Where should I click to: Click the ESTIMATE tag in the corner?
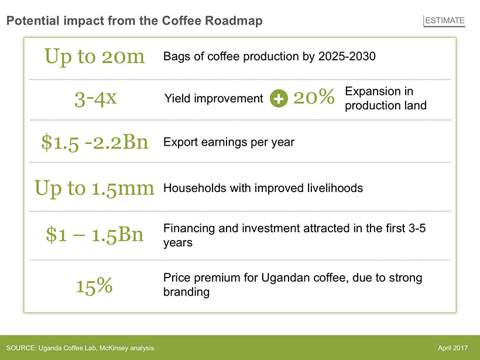tap(444, 20)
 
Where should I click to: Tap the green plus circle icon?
tap(279, 98)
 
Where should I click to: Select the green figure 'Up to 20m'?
tap(94, 57)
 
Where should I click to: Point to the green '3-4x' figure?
tap(95, 98)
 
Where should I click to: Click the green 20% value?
tap(314, 97)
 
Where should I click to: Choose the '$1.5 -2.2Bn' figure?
tap(95, 142)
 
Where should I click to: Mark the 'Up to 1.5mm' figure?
tap(94, 188)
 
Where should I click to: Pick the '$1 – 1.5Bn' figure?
tap(95, 235)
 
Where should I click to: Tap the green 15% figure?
tap(94, 286)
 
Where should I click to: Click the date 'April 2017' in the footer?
tap(452, 348)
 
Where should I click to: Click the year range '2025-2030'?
tap(347, 56)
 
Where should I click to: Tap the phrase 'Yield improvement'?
tap(214, 98)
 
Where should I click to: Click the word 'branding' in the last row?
tap(186, 292)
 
